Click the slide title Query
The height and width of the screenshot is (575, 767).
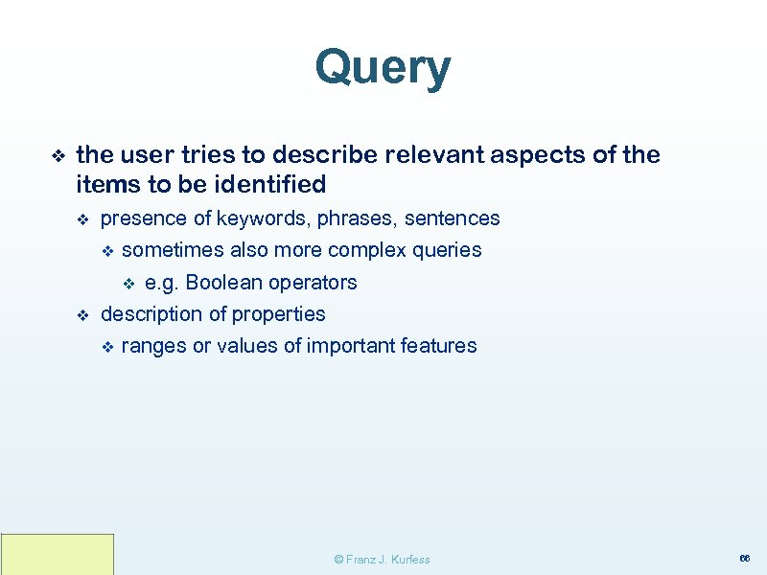(x=383, y=69)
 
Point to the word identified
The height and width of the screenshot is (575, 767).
(x=271, y=183)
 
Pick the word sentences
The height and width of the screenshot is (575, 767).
(x=452, y=218)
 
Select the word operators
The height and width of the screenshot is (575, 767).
(x=313, y=283)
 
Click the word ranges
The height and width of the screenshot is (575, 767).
(x=153, y=346)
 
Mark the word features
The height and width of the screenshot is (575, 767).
(x=440, y=346)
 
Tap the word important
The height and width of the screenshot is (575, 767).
(x=351, y=346)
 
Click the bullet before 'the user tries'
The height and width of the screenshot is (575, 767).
(x=55, y=155)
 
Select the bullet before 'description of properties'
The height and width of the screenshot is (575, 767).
(x=81, y=315)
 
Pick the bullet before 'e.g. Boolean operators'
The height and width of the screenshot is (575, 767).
(x=129, y=284)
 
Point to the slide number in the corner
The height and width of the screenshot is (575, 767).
(x=743, y=558)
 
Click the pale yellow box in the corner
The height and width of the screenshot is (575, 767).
(x=58, y=554)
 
